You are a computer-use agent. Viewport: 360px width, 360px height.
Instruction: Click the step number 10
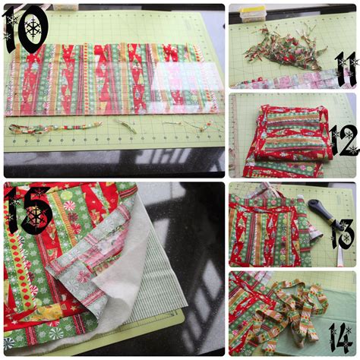click(x=27, y=29)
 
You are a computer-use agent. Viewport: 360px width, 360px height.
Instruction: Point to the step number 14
click(x=340, y=336)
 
